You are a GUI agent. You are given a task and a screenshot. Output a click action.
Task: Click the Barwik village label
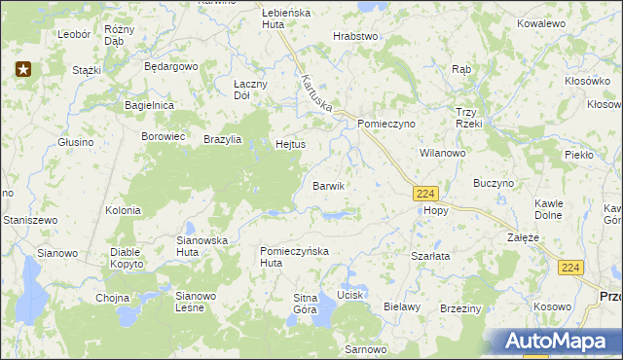click(x=329, y=185)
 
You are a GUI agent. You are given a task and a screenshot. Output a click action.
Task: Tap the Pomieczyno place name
click(x=386, y=125)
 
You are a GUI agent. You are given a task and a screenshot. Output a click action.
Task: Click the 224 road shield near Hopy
click(x=425, y=194)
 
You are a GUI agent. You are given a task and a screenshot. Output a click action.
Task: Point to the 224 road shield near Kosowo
click(x=572, y=267)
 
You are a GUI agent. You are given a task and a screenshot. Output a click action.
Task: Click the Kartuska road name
click(x=317, y=95)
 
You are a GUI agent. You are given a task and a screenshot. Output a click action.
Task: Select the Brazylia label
click(x=223, y=139)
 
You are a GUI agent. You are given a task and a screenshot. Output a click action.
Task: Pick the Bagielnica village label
click(x=149, y=104)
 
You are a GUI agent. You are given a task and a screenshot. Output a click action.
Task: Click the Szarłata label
click(x=430, y=256)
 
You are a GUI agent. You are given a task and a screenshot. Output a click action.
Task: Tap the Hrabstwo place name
click(x=355, y=36)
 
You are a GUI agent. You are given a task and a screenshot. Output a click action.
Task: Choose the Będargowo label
click(x=170, y=67)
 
